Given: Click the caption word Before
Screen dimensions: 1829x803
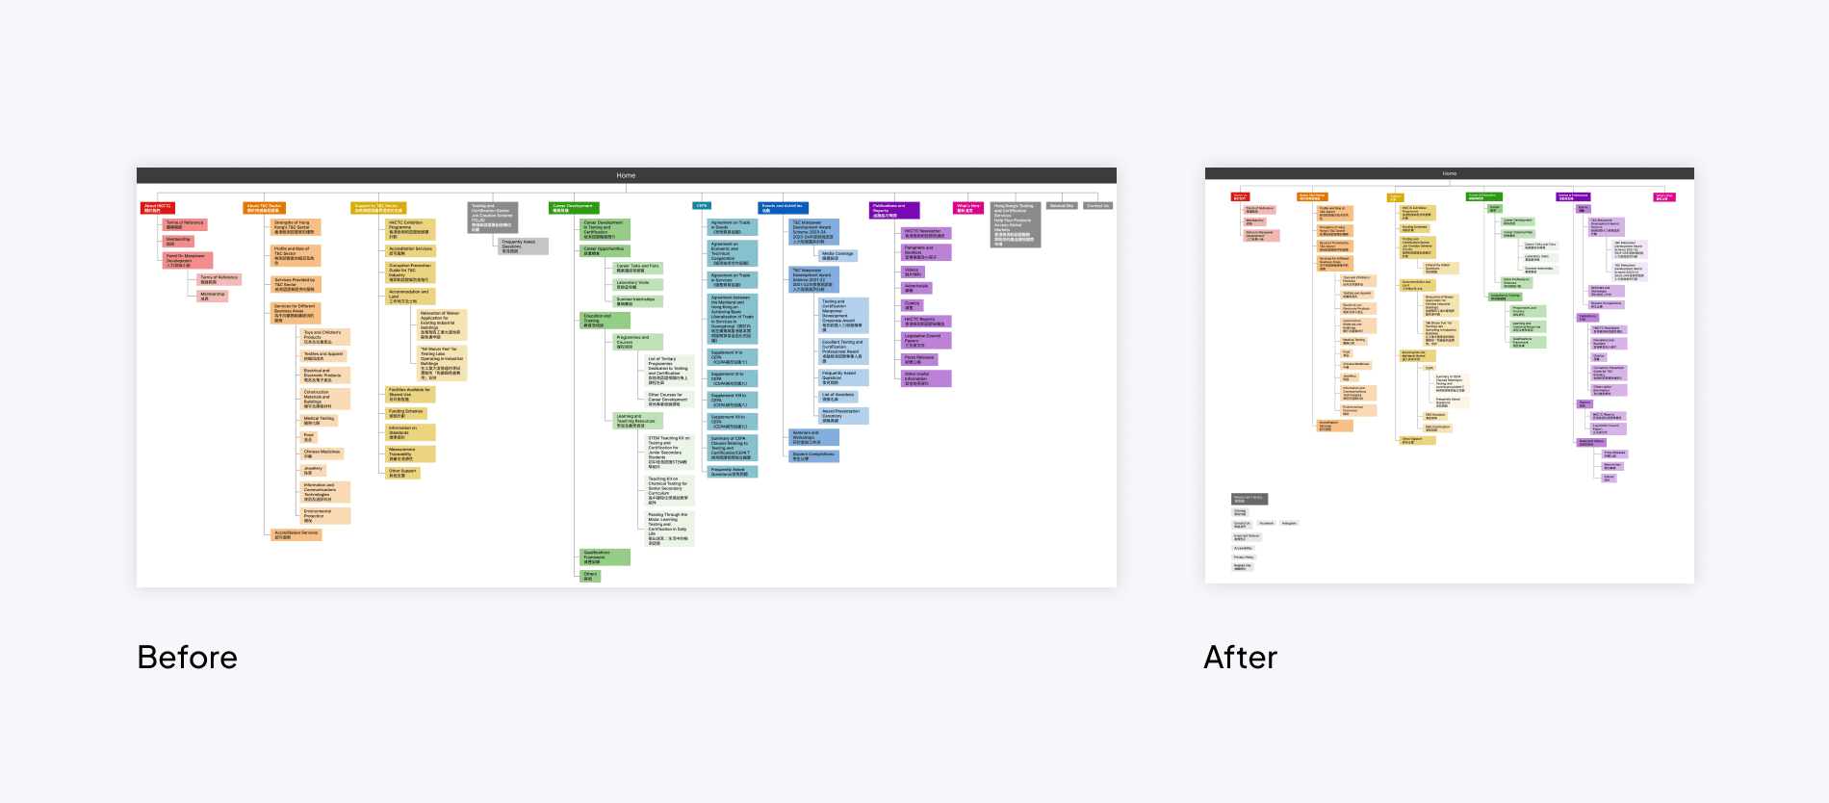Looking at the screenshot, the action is pyautogui.click(x=187, y=658).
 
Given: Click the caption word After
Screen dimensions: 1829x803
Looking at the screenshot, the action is pyautogui.click(x=1240, y=658).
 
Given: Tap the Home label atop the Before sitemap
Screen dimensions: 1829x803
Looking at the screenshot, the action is pyautogui.click(x=626, y=175).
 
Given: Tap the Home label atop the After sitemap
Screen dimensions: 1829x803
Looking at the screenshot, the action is pyautogui.click(x=1449, y=173).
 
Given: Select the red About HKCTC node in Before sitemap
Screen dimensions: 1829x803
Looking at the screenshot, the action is pyautogui.click(x=158, y=208).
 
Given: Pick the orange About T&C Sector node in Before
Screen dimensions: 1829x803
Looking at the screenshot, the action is pyautogui.click(x=264, y=208).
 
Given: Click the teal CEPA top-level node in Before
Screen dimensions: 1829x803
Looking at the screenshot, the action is pyautogui.click(x=702, y=205).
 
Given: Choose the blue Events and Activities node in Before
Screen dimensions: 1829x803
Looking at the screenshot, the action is pyautogui.click(x=783, y=207).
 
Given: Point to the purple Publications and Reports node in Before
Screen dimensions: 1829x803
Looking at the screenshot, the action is pyautogui.click(x=894, y=210).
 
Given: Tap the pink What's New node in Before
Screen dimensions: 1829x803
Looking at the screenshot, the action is pyautogui.click(x=967, y=207).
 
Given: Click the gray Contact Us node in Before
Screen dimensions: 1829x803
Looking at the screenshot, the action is pyautogui.click(x=1097, y=205).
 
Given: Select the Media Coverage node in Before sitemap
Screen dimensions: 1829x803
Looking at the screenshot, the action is pyautogui.click(x=837, y=256).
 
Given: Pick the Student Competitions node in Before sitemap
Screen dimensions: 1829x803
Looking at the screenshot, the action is pyautogui.click(x=813, y=456).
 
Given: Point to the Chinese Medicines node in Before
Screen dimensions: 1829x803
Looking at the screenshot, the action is pyautogui.click(x=325, y=453).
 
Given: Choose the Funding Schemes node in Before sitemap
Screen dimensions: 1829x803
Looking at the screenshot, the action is pyautogui.click(x=405, y=414).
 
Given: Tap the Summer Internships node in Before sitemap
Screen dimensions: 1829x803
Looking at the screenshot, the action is pyautogui.click(x=637, y=301).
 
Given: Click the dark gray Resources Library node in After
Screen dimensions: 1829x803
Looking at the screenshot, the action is pyautogui.click(x=1249, y=499).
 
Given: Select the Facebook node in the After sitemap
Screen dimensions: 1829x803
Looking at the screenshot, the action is pyautogui.click(x=1266, y=523).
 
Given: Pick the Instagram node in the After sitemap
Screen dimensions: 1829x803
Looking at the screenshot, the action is pyautogui.click(x=1289, y=523).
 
